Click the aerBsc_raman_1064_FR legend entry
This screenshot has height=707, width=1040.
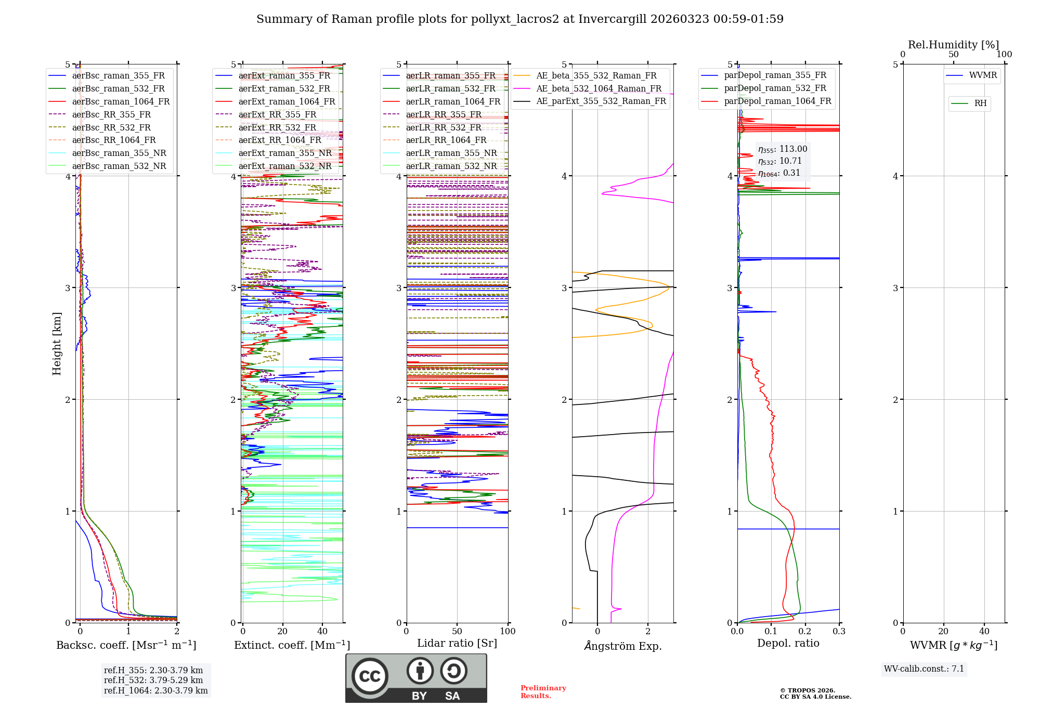[121, 102]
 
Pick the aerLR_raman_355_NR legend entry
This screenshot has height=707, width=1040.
[451, 153]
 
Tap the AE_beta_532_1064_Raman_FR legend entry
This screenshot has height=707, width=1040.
[599, 89]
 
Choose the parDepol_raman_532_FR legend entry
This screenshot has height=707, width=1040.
[775, 88]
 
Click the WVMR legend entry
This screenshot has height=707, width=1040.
[983, 75]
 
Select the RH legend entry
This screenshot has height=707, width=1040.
[980, 103]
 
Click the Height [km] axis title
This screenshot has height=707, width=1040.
[57, 344]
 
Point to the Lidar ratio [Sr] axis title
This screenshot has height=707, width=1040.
[457, 643]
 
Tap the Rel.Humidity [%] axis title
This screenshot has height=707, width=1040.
[953, 45]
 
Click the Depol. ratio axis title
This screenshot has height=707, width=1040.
[788, 643]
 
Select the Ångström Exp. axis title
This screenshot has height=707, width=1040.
[622, 646]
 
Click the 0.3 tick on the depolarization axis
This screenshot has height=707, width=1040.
[839, 632]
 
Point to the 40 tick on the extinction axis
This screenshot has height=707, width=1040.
[322, 632]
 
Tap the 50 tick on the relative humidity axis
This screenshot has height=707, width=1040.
[953, 55]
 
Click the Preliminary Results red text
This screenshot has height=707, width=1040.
[543, 692]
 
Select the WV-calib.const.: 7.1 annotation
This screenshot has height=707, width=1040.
[924, 669]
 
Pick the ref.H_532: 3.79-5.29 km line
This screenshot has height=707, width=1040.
[153, 680]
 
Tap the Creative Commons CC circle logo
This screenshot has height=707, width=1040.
[370, 676]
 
